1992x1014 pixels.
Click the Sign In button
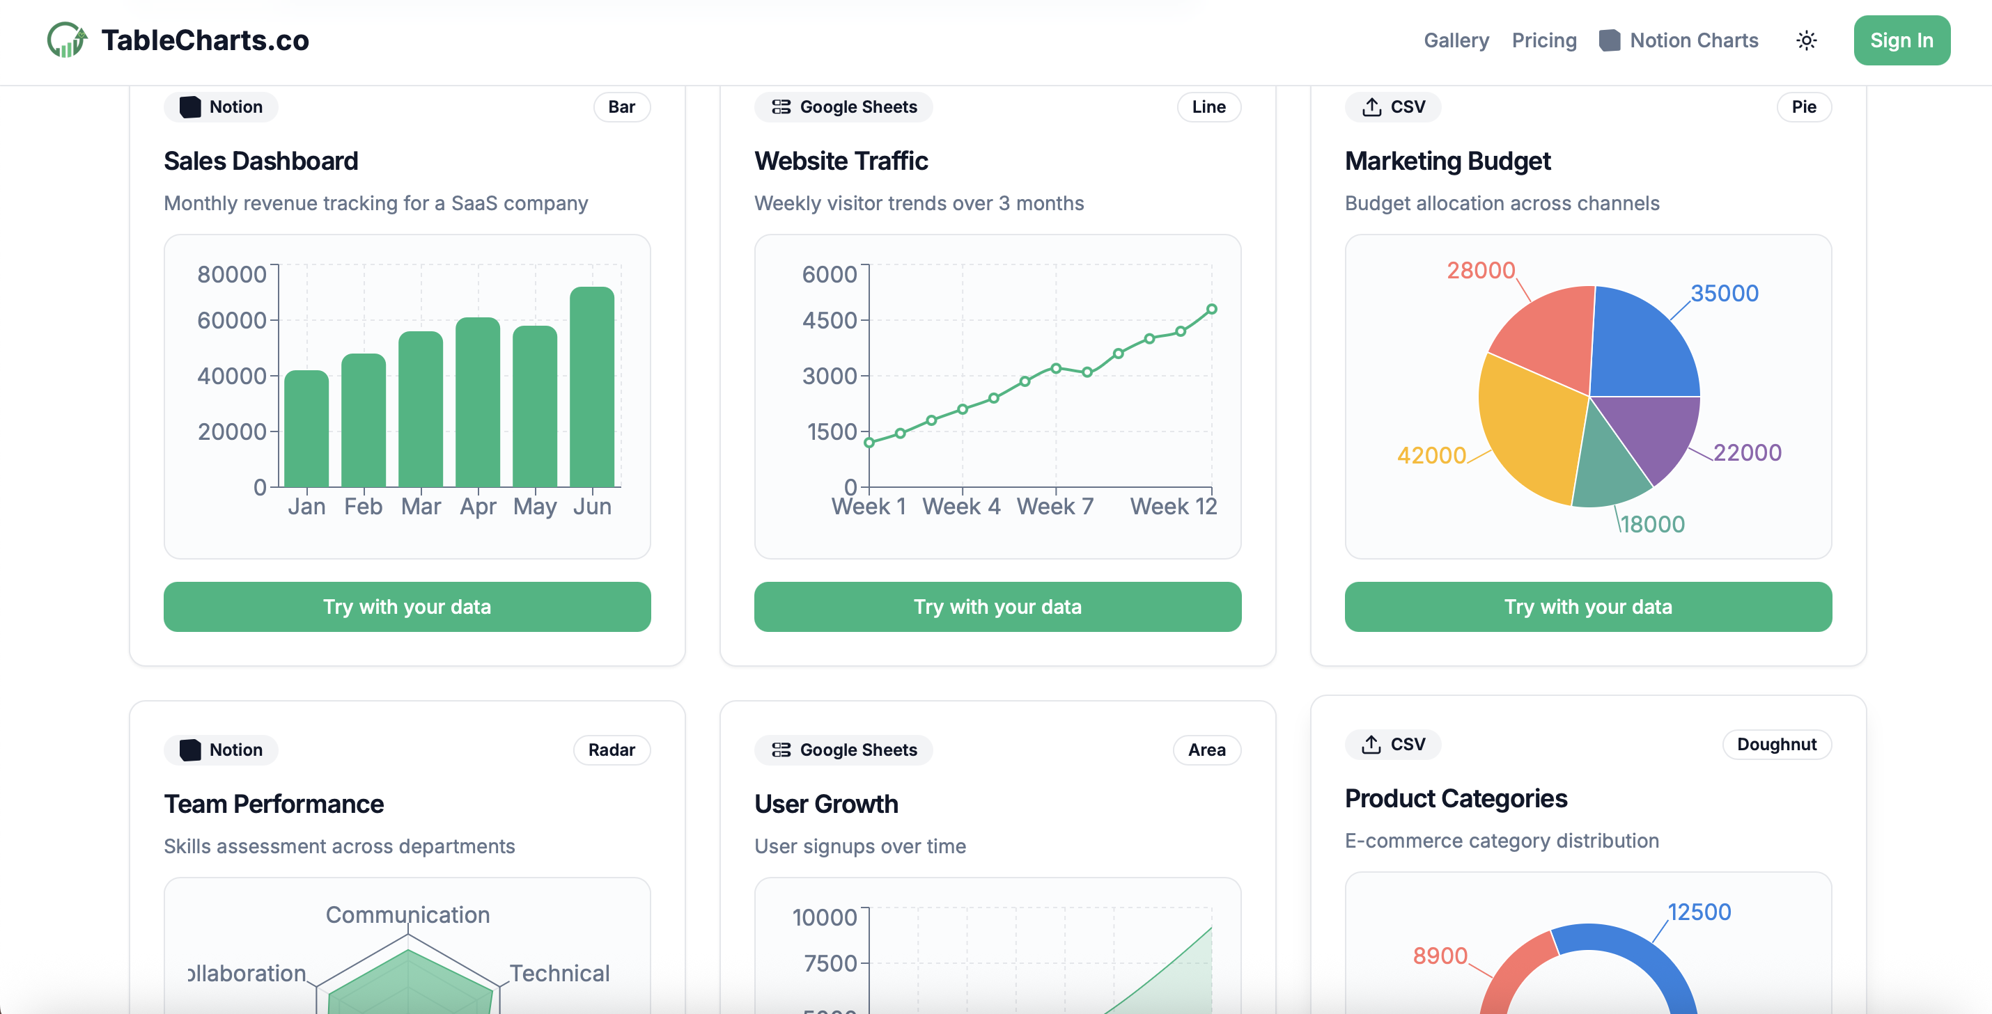[1901, 40]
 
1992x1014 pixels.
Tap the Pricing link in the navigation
[1543, 40]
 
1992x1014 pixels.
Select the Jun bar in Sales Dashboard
[591, 386]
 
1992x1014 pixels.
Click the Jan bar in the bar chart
[306, 429]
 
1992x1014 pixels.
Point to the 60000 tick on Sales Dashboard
[231, 320]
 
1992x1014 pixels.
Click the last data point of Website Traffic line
[1211, 309]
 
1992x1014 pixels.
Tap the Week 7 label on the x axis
[1055, 506]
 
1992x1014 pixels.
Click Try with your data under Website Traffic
[997, 607]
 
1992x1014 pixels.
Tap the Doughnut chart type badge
[1776, 744]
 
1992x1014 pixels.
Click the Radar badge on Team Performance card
[611, 750]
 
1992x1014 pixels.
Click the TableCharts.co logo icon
[66, 40]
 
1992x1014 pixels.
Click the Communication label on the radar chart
[407, 914]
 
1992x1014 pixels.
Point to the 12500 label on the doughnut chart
[1699, 912]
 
